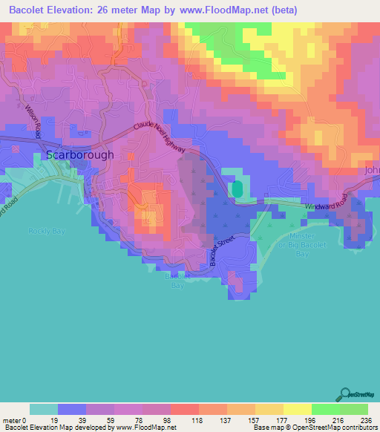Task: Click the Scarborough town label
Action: point(80,155)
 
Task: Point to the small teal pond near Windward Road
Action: point(237,189)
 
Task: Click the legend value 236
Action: point(364,419)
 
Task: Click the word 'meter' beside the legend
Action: point(12,419)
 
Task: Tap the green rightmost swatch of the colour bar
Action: point(353,409)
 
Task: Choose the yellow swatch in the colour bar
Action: point(297,409)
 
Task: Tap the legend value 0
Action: point(25,419)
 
